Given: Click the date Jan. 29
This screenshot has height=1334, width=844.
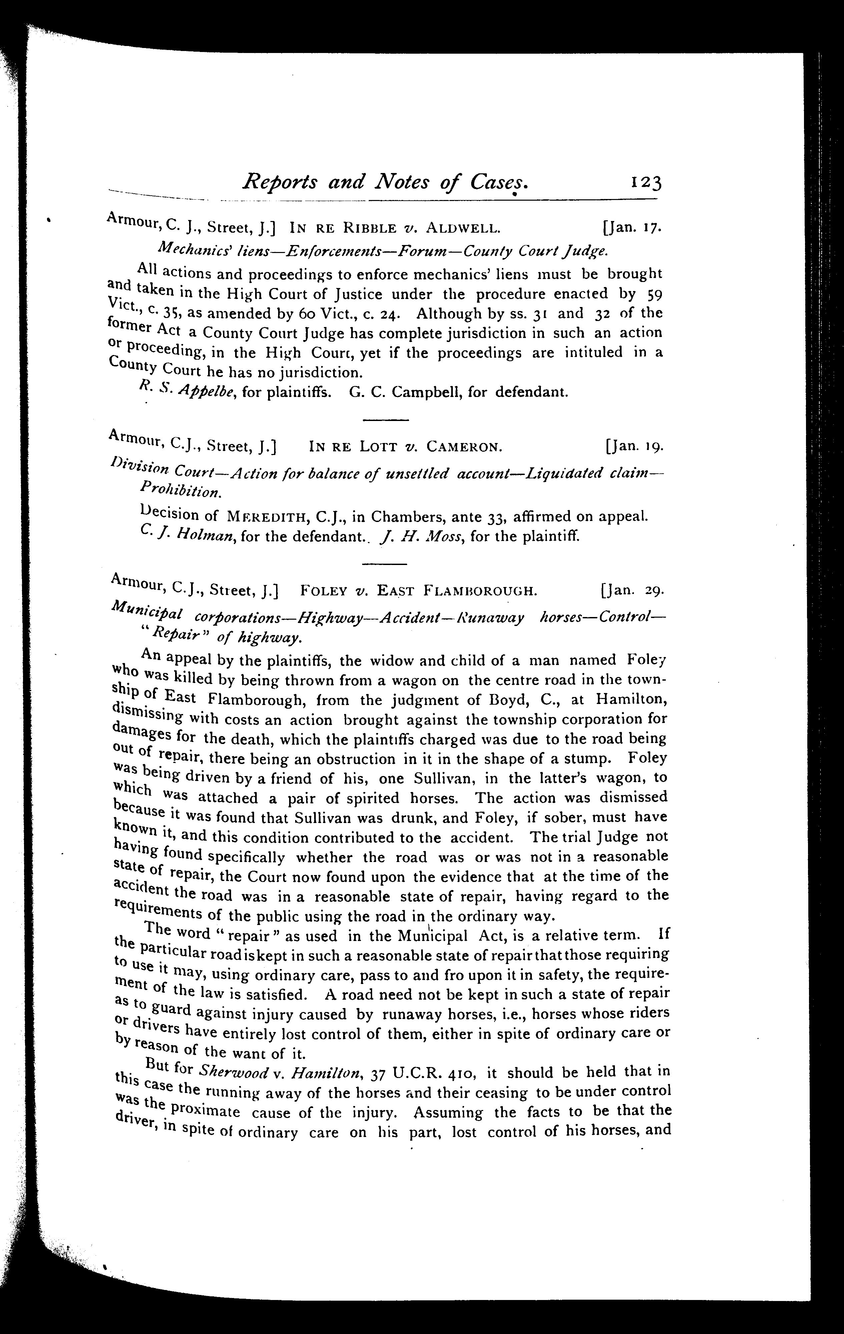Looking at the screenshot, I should [632, 591].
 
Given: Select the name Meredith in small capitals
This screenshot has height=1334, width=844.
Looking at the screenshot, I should [268, 517].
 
